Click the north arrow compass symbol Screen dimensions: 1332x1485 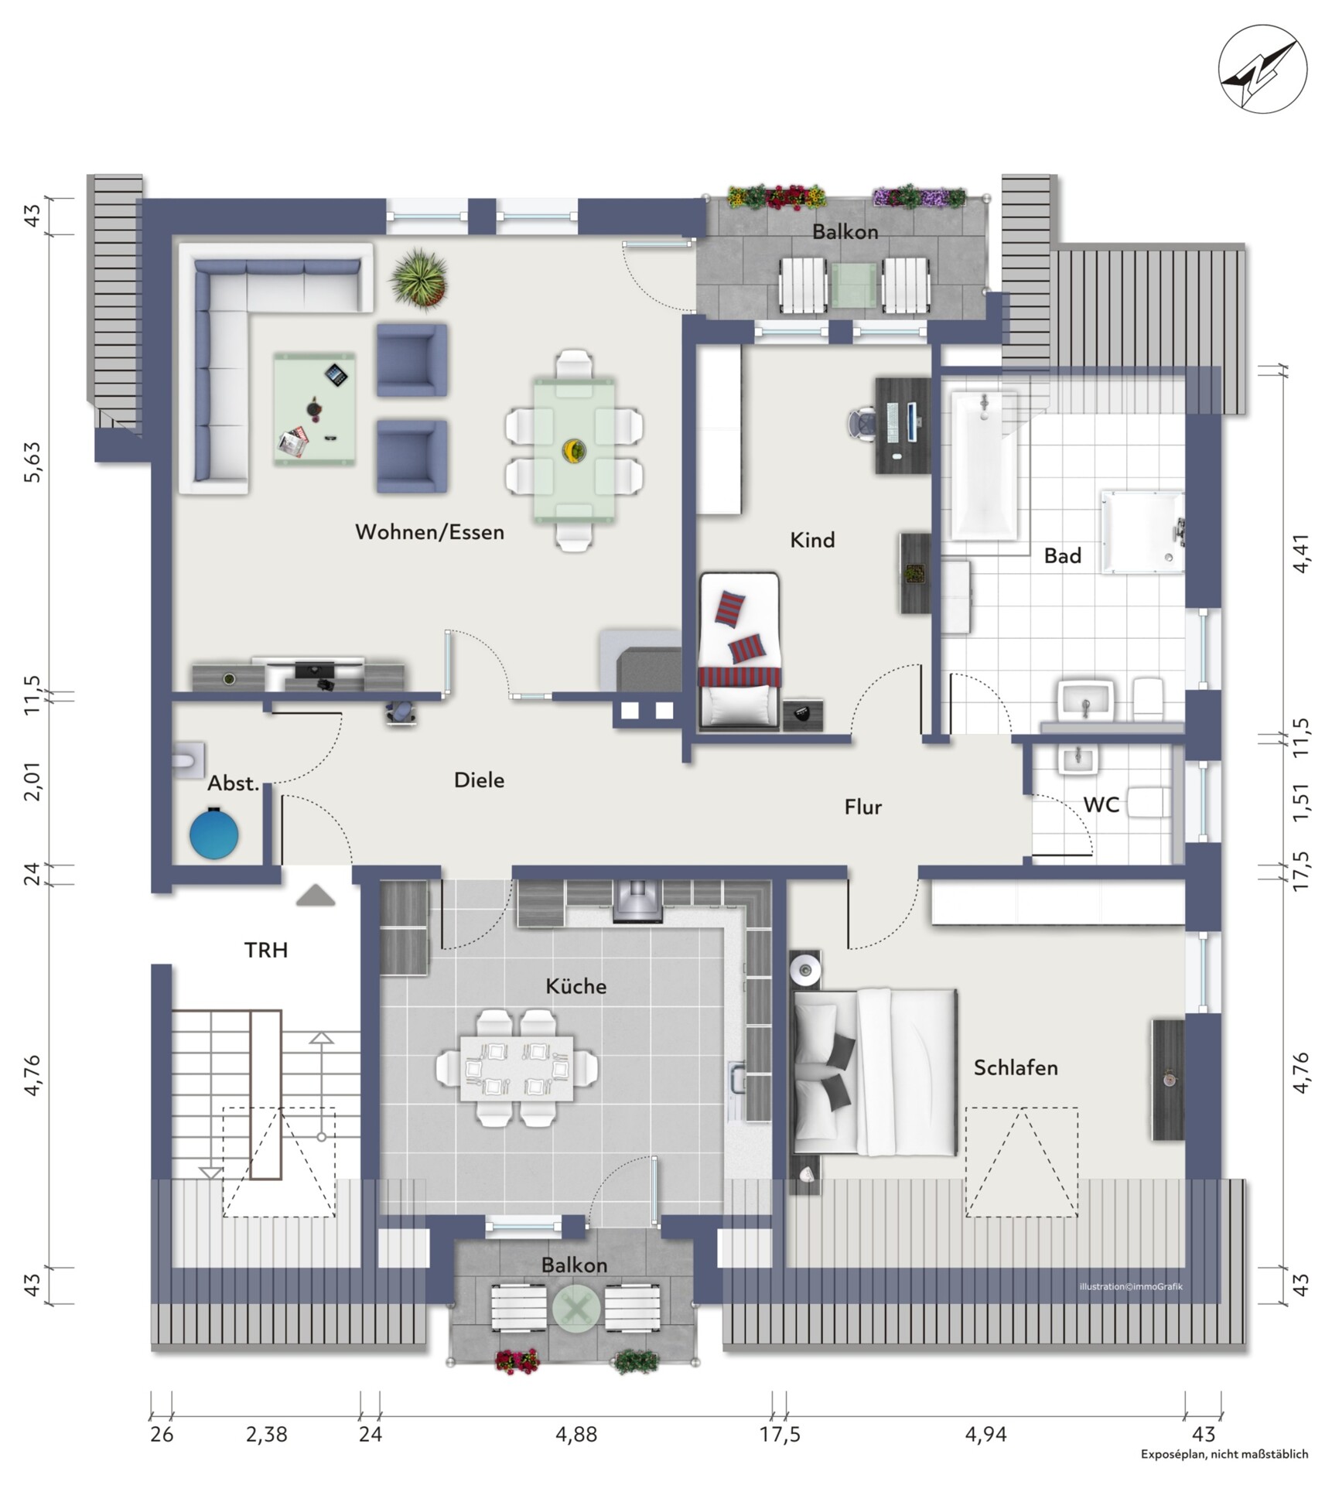tap(1262, 69)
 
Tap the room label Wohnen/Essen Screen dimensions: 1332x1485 tap(429, 532)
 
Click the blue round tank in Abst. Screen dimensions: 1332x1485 tap(213, 833)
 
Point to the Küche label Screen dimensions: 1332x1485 tap(575, 986)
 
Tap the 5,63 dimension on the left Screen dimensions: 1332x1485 tap(32, 463)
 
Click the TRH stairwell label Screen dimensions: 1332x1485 tap(266, 950)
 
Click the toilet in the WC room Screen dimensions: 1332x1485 tap(1149, 803)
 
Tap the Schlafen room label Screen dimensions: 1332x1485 tap(1016, 1067)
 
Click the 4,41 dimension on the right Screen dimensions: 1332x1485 tap(1301, 553)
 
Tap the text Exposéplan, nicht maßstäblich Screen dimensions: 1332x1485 tap(1224, 1455)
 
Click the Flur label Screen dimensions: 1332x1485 tap(862, 807)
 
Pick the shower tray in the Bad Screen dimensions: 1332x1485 tap(1142, 531)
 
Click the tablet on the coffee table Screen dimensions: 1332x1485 tap(336, 375)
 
